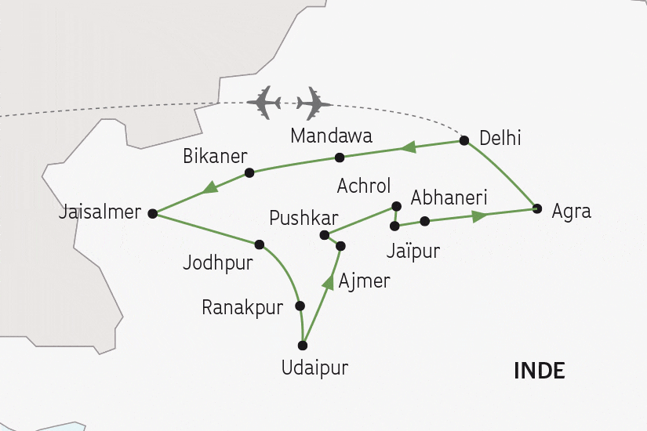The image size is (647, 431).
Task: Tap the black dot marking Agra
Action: coord(537,208)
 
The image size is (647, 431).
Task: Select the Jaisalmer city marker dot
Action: coord(152,213)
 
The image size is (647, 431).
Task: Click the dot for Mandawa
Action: coord(340,158)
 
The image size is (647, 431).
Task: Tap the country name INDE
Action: coord(540,371)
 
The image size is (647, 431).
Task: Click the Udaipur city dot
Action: coord(303,346)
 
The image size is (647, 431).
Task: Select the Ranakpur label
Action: coord(242,308)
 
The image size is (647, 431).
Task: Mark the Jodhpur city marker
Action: coord(260,244)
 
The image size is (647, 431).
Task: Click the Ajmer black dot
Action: coord(340,246)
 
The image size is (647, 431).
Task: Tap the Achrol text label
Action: coord(363,187)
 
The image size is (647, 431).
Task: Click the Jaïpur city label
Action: coord(414,252)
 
